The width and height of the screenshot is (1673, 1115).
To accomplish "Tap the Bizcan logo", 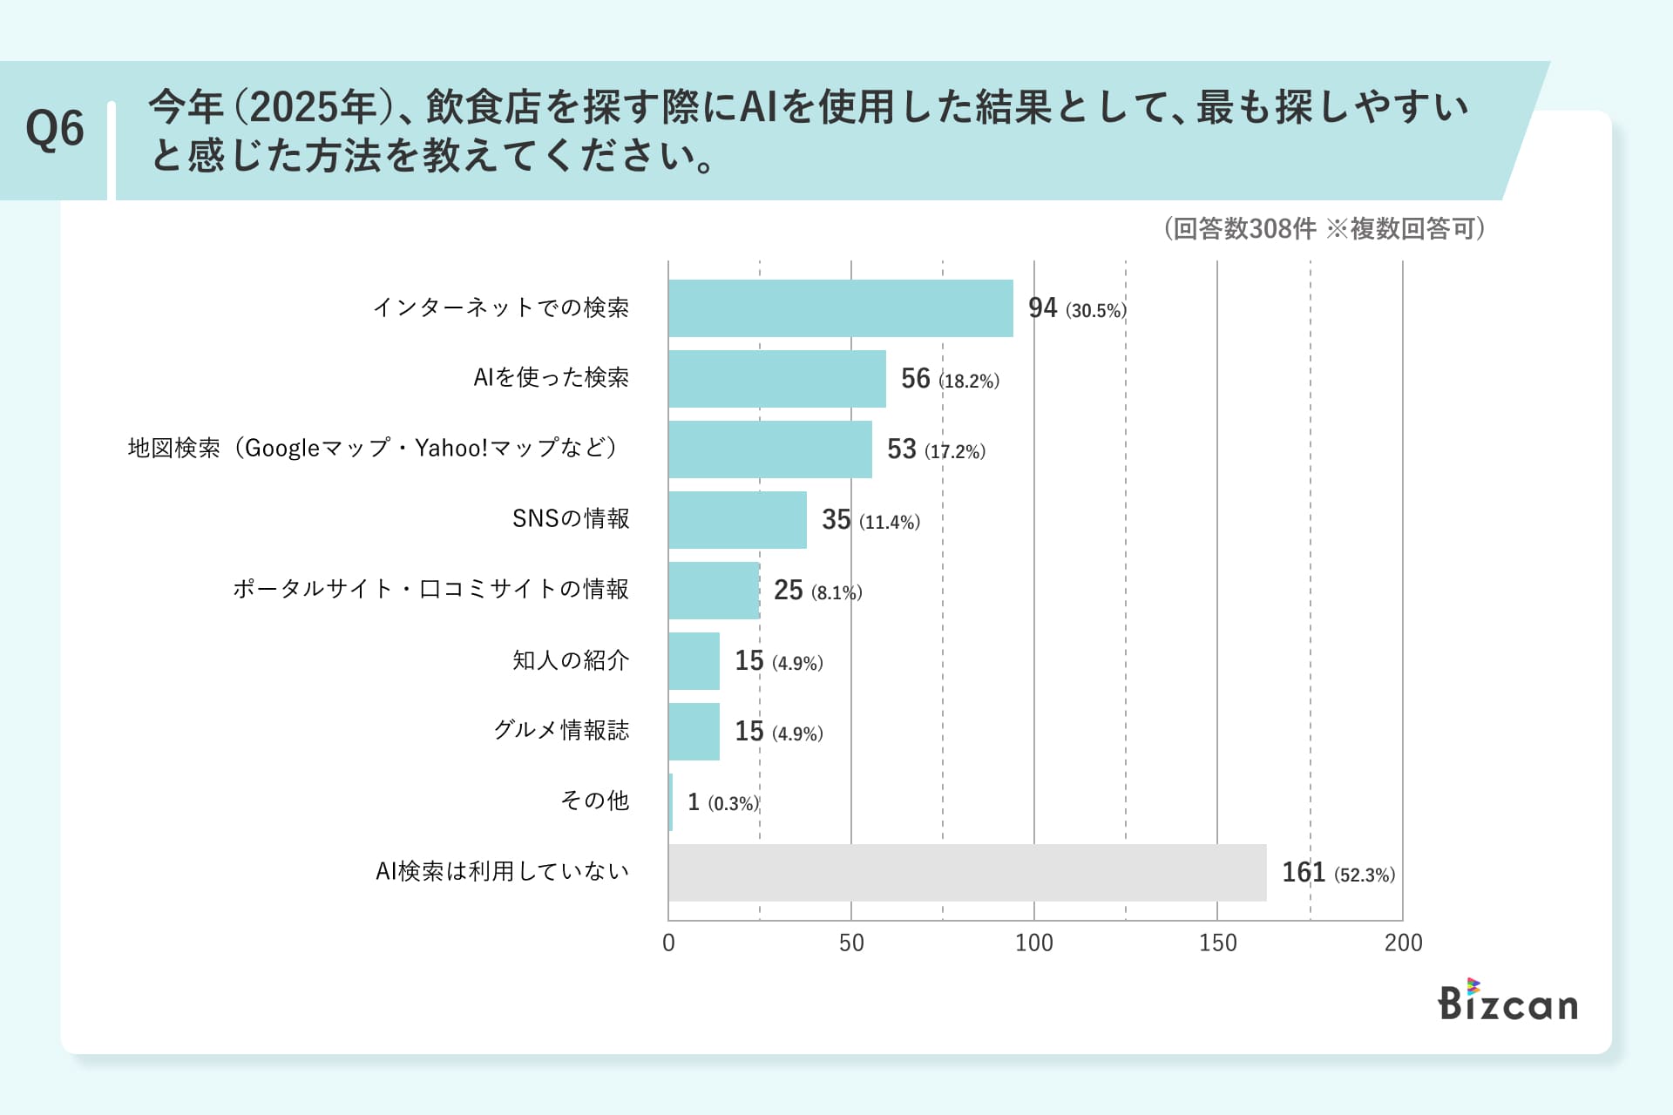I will [1507, 1002].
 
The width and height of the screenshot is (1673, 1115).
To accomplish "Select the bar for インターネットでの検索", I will [841, 308].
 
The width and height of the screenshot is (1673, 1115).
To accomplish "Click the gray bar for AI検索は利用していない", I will [967, 873].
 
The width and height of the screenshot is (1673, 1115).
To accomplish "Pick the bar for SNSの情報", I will [737, 520].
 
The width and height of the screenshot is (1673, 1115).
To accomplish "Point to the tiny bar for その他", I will [671, 802].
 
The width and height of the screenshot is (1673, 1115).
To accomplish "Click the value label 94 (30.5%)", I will [1077, 309].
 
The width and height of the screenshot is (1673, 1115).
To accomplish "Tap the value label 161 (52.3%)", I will [1338, 873].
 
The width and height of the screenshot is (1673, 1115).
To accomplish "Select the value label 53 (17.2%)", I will [936, 449].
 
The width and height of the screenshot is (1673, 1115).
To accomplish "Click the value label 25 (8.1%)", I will [817, 591].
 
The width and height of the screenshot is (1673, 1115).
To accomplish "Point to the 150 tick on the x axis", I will [1217, 943].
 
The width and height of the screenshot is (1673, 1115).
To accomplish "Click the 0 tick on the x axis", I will [668, 943].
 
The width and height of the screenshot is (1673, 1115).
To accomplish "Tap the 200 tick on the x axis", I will [1403, 943].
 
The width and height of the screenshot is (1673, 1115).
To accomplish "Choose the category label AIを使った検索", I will [551, 378].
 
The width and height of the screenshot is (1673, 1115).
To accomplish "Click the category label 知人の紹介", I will [571, 660].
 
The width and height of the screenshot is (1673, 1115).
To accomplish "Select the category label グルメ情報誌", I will [561, 730].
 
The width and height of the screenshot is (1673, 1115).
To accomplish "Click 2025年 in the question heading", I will [313, 108].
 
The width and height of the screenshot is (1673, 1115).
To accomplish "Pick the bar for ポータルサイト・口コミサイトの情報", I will [714, 591].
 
